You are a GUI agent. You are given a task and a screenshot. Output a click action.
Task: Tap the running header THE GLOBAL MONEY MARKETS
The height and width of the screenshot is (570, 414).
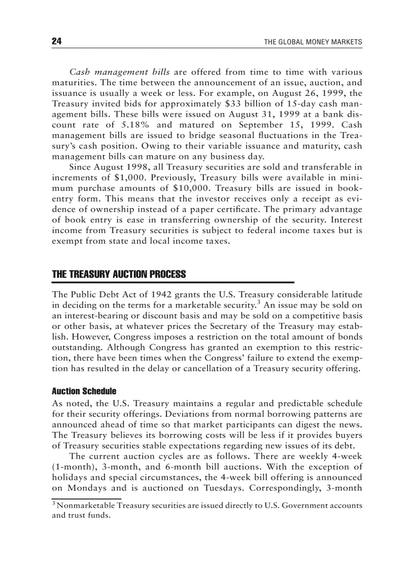[313, 42]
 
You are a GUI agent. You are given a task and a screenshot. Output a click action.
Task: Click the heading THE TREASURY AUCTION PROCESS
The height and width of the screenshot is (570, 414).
[119, 275]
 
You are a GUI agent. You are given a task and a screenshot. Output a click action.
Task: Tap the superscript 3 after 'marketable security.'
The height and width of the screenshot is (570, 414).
[258, 303]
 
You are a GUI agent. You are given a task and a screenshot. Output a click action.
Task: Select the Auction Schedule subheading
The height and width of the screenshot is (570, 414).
[84, 392]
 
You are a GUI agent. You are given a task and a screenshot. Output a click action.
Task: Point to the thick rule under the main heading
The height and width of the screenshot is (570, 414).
[173, 282]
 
